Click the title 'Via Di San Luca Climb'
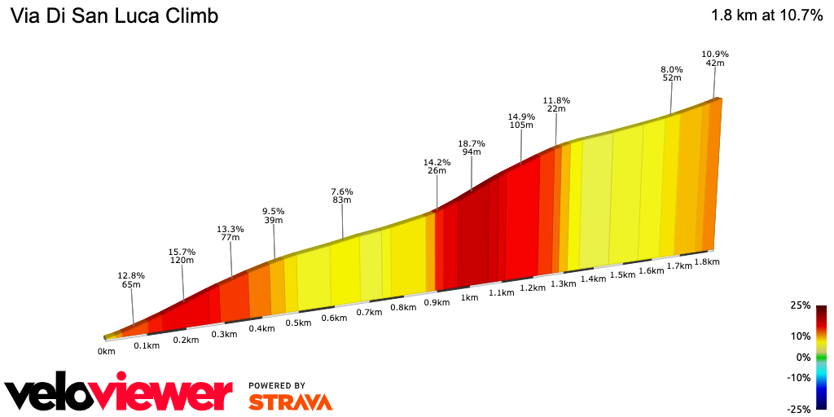(x=113, y=15)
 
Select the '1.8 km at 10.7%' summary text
(x=766, y=15)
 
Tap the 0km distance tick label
(x=106, y=351)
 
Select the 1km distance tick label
(x=469, y=297)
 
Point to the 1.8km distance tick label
(x=708, y=262)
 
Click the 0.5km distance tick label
(x=298, y=323)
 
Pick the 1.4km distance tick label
(x=593, y=279)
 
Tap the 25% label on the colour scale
(x=800, y=305)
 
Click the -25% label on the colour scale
(x=798, y=409)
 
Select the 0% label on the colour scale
(x=802, y=357)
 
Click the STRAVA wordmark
(x=290, y=402)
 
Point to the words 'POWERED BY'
(x=277, y=385)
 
